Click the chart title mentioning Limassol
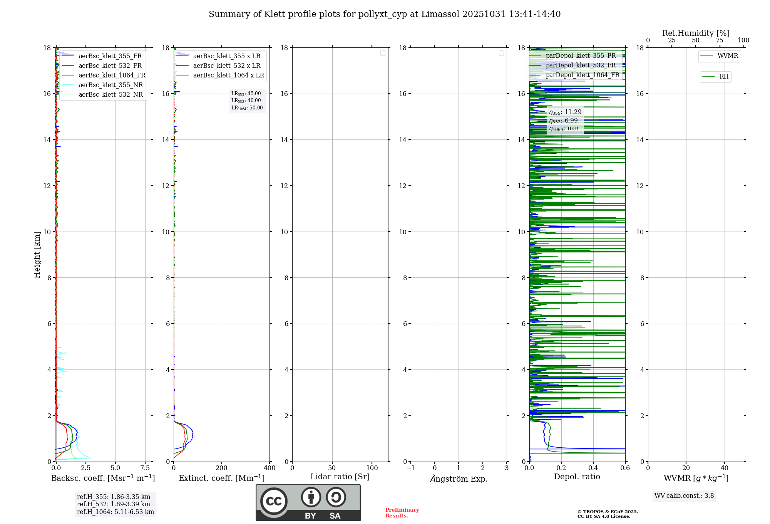tap(384, 14)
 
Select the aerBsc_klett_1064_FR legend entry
tap(112, 75)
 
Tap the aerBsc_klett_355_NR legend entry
tap(110, 85)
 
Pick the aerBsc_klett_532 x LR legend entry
tap(226, 65)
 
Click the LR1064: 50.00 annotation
tap(247, 108)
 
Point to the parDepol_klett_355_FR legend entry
tap(580, 55)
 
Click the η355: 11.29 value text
tap(565, 112)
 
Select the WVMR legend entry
tap(727, 56)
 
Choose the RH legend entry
tap(723, 77)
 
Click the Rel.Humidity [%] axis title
tap(696, 33)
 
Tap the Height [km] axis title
tap(37, 255)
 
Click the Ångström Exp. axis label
tap(459, 479)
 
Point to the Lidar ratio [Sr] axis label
tap(340, 477)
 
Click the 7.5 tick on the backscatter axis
tap(145, 468)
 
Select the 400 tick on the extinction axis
tap(269, 468)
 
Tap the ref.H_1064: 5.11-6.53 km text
tap(115, 512)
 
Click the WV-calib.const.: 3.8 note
tap(684, 495)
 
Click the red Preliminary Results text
tap(402, 512)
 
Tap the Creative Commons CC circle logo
tap(274, 501)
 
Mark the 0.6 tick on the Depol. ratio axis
tap(625, 468)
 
